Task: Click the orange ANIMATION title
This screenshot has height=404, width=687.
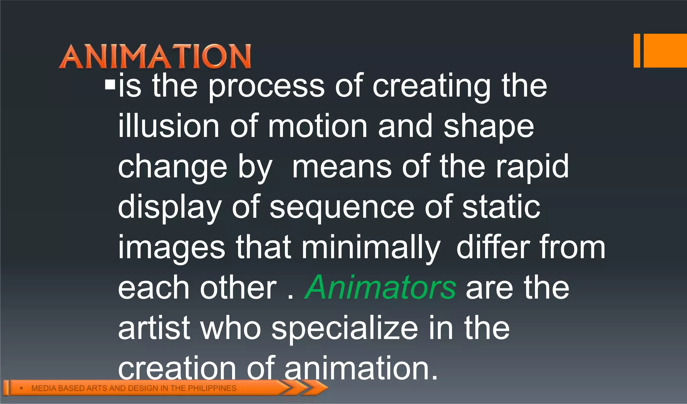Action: (x=155, y=56)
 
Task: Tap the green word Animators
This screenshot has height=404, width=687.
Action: (x=380, y=288)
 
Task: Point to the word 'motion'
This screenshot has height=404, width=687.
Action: (x=317, y=127)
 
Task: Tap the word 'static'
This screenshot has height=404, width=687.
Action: (x=501, y=207)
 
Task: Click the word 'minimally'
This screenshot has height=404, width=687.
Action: (x=371, y=248)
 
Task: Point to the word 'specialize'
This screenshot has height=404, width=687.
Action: (x=345, y=329)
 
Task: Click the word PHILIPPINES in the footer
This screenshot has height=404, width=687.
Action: (x=212, y=388)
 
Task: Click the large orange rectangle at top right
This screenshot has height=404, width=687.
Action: (x=665, y=51)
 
